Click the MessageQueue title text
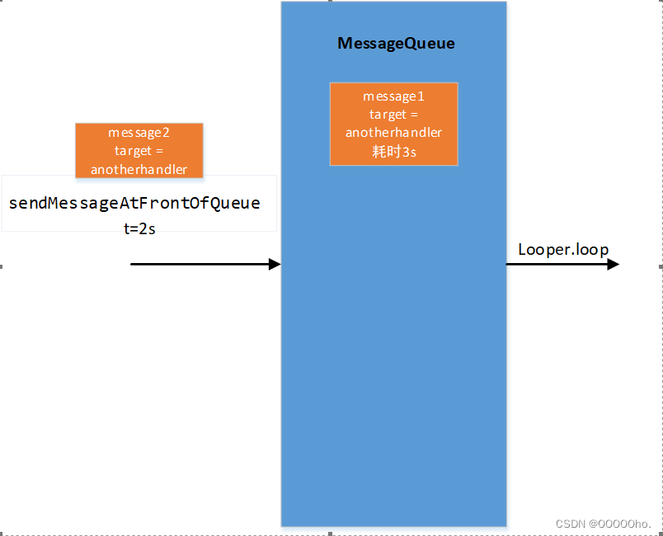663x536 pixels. [396, 44]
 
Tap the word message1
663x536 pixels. [393, 96]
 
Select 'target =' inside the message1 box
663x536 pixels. [393, 115]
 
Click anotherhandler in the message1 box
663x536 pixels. [393, 133]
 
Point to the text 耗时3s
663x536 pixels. [393, 152]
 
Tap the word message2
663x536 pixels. [139, 133]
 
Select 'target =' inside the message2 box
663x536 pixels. [139, 151]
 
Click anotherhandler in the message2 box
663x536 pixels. [139, 170]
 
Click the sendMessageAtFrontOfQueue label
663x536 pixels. [134, 203]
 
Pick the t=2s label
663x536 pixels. [139, 229]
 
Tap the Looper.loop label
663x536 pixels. [563, 249]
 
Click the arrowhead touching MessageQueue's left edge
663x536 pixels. [275, 264]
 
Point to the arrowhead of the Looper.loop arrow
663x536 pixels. [613, 264]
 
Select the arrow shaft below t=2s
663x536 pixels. [198, 264]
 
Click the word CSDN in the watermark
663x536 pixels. [570, 524]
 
